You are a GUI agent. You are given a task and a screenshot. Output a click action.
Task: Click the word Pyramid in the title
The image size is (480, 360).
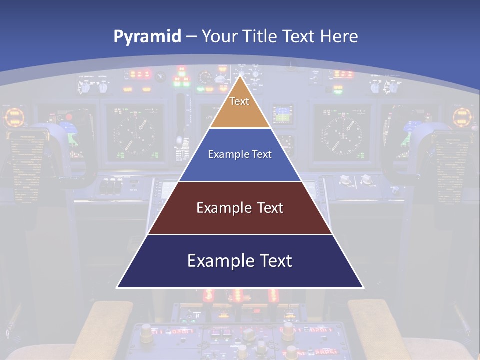click(x=147, y=36)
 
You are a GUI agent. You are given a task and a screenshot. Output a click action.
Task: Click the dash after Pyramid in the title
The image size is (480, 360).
click(x=191, y=37)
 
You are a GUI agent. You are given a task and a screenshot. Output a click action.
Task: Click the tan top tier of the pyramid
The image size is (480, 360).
click(x=240, y=112)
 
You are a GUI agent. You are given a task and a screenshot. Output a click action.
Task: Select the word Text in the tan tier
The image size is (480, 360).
click(x=239, y=101)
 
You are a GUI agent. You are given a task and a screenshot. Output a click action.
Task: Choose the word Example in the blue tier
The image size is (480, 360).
click(x=226, y=154)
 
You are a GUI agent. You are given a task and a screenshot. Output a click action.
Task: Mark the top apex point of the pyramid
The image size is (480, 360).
click(x=240, y=76)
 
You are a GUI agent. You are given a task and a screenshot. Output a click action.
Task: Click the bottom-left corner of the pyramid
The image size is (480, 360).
click(x=117, y=287)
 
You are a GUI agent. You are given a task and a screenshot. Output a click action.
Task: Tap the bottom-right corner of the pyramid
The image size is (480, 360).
click(x=363, y=287)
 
